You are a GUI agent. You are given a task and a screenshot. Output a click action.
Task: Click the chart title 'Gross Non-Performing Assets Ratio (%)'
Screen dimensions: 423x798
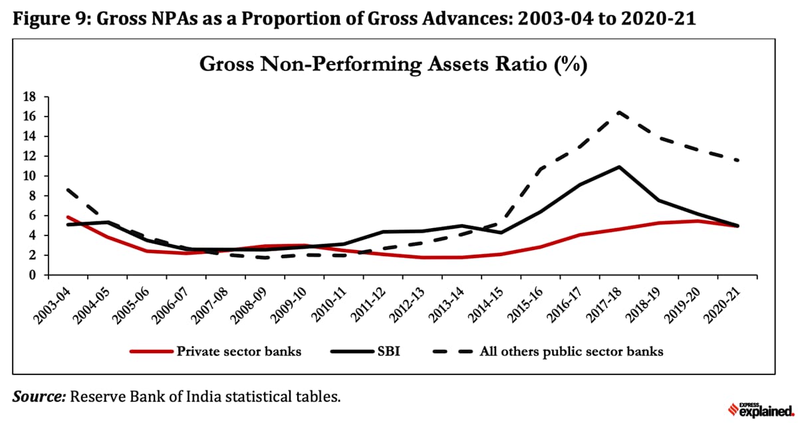(393, 65)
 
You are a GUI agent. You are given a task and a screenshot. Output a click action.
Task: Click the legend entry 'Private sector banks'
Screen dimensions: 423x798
(238, 351)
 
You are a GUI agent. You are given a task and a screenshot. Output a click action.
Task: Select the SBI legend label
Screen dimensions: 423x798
(388, 351)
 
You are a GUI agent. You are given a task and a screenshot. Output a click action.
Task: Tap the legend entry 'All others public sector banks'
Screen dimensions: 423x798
(571, 351)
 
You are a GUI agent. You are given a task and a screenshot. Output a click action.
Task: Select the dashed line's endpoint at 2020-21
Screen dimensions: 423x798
(739, 160)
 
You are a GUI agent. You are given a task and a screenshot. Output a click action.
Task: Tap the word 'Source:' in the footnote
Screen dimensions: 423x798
(39, 397)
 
